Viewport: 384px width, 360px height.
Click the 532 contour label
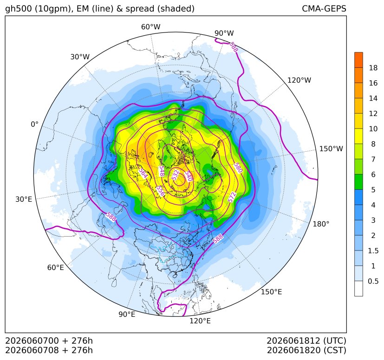pyautogui.click(x=176, y=175)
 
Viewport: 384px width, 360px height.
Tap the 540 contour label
pyautogui.click(x=188, y=176)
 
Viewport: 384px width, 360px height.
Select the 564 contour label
pyautogui.click(x=143, y=174)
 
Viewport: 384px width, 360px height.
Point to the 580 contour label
pyautogui.click(x=238, y=168)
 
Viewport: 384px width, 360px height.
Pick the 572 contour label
pyautogui.click(x=232, y=197)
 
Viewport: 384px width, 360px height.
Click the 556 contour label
pyautogui.click(x=160, y=191)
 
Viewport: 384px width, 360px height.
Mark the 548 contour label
pyautogui.click(x=161, y=171)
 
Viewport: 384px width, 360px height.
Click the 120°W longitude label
pyautogui.click(x=299, y=80)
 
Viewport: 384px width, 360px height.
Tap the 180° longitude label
pyautogui.click(x=321, y=224)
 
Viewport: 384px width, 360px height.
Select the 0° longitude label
pyautogui.click(x=34, y=124)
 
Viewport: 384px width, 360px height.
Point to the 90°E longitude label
pyautogui.click(x=127, y=314)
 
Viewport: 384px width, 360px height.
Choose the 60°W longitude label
pyautogui.click(x=150, y=27)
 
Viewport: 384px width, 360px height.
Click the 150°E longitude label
pyautogui.click(x=271, y=292)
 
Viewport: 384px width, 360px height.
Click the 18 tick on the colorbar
pyautogui.click(x=373, y=68)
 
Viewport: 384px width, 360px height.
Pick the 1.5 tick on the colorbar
pyautogui.click(x=373, y=251)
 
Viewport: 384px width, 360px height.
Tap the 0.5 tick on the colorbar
pyautogui.click(x=373, y=281)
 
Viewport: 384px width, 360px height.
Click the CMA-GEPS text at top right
pyautogui.click(x=324, y=8)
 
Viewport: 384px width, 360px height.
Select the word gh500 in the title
pyautogui.click(x=19, y=9)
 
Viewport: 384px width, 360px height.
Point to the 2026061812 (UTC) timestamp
pyautogui.click(x=306, y=341)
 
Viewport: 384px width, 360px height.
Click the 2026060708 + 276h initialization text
pyautogui.click(x=49, y=350)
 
